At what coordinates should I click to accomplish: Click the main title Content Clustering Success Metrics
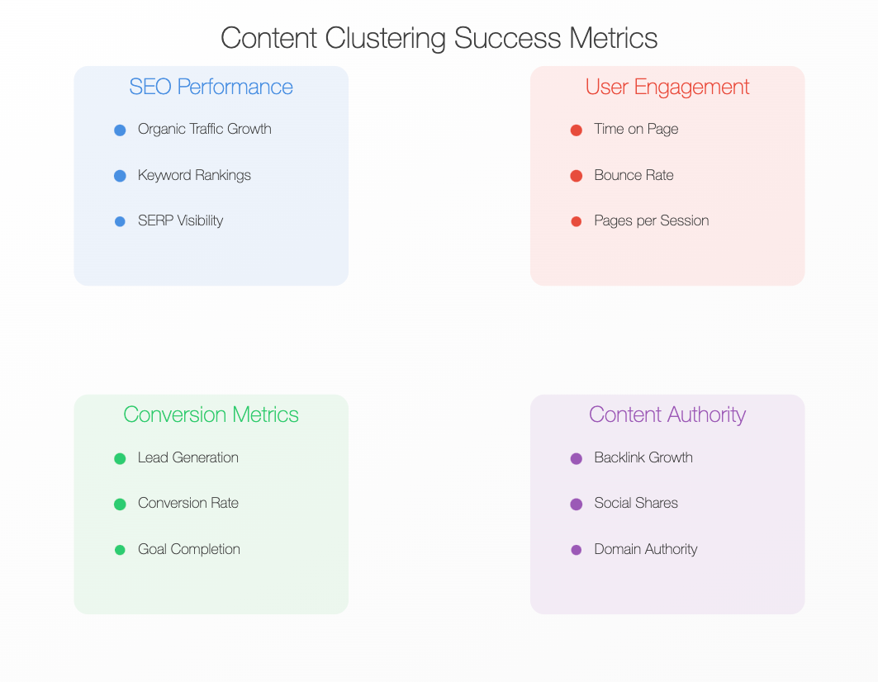[x=439, y=38]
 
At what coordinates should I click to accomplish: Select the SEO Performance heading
[x=211, y=87]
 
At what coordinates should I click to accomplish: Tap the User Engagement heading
[x=667, y=88]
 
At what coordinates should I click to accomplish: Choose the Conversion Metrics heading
[x=211, y=415]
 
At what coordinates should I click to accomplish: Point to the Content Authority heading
[x=667, y=415]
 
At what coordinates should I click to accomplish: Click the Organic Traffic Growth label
[x=204, y=129]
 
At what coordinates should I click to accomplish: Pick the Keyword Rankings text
[x=194, y=175]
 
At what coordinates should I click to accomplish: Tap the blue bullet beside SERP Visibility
[x=120, y=222]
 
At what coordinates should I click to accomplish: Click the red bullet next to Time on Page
[x=577, y=130]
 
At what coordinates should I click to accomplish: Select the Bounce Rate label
[x=634, y=175]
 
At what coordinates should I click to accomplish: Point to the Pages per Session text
[x=651, y=220]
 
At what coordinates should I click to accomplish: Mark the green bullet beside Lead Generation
[x=120, y=459]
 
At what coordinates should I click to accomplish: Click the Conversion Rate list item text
[x=188, y=503]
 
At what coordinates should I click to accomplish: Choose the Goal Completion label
[x=188, y=549]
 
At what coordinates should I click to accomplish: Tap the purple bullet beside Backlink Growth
[x=577, y=459]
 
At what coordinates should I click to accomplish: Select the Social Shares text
[x=636, y=503]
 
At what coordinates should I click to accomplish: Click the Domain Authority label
[x=646, y=549]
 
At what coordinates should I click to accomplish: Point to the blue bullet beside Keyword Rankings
[x=120, y=176]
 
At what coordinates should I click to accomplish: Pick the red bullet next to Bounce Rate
[x=577, y=176]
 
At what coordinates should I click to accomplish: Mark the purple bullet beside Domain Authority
[x=577, y=550]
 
